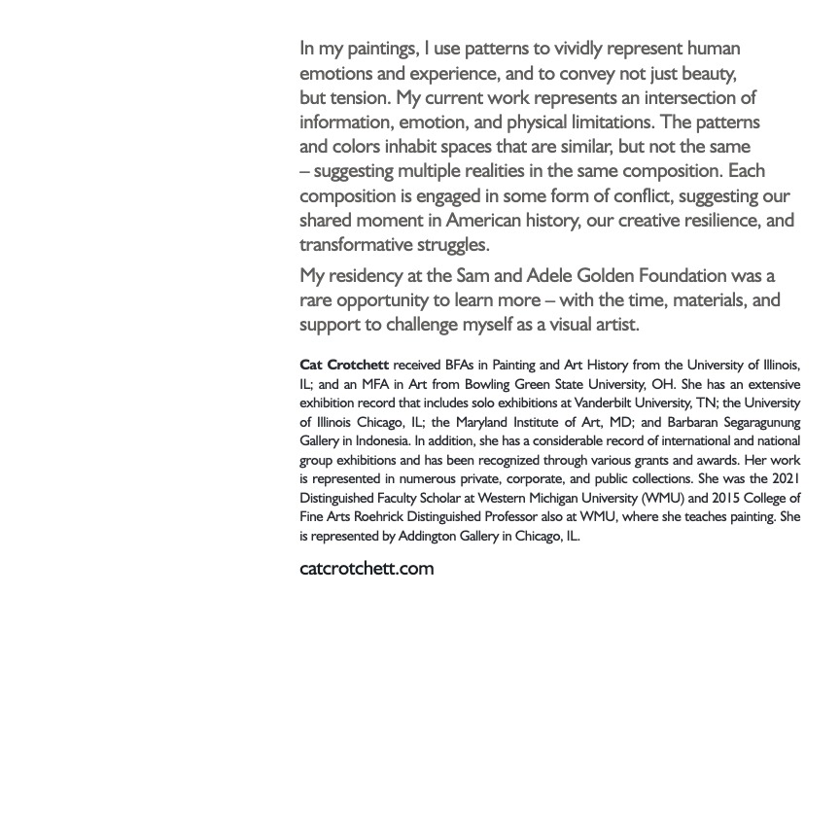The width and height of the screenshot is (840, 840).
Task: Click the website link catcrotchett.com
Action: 367,569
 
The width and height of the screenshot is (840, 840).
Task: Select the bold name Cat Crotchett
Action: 344,366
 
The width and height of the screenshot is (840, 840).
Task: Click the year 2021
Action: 786,479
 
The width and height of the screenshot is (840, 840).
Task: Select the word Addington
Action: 429,537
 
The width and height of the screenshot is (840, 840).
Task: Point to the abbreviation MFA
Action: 375,385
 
